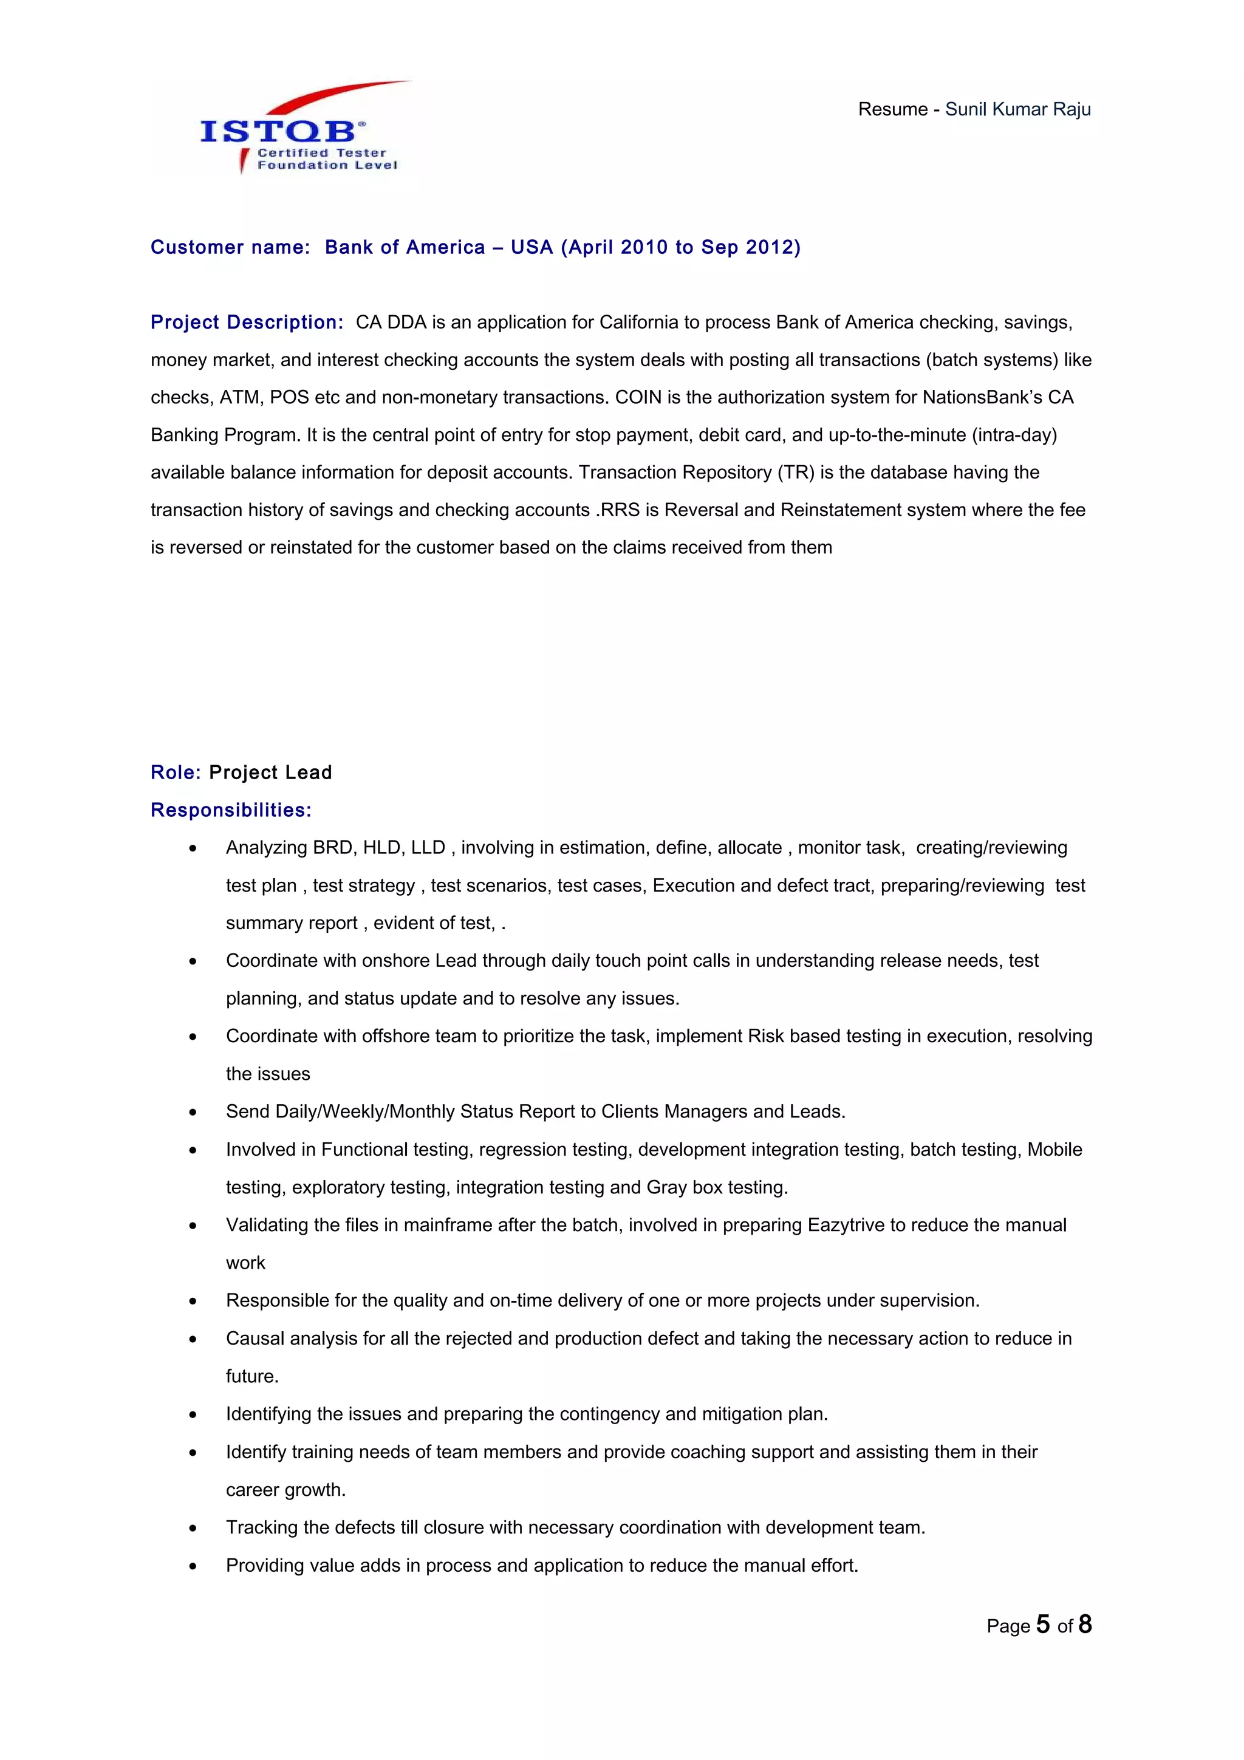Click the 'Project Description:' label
pos(247,322)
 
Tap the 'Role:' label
pos(176,772)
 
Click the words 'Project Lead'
pos(270,772)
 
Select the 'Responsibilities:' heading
pos(231,810)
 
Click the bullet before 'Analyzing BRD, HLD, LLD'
pos(193,848)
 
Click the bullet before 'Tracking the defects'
pos(193,1528)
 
